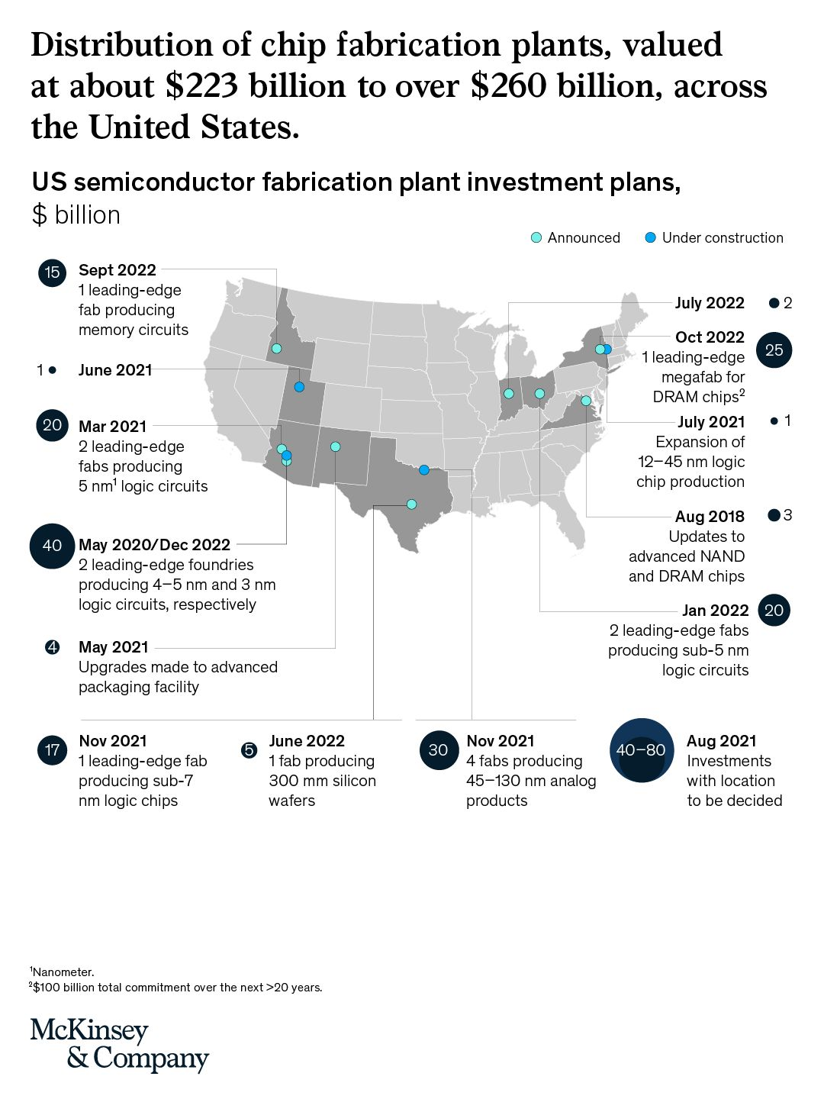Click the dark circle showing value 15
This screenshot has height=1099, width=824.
pos(52,272)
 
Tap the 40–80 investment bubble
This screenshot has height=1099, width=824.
pos(641,750)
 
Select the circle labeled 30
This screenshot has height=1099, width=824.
pos(438,750)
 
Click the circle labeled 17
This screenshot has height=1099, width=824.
pos(52,750)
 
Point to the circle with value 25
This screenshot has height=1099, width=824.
pos(774,350)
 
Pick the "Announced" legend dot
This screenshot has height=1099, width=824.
pos(536,238)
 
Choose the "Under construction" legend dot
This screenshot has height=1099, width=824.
pos(650,238)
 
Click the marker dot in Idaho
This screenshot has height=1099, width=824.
pos(276,349)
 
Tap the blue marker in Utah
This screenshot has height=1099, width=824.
pos(299,387)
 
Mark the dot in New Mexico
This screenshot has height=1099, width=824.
pos(335,447)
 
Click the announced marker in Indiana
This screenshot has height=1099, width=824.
pos(508,394)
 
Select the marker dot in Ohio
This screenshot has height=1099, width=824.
pos(539,394)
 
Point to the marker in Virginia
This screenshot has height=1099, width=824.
pos(586,401)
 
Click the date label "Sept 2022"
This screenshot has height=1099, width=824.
pos(117,270)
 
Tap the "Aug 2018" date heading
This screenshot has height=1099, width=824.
pos(710,517)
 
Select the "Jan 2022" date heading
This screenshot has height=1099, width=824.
pos(715,611)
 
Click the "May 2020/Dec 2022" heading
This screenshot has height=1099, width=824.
pos(154,545)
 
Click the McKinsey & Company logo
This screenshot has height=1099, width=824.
pos(119,1045)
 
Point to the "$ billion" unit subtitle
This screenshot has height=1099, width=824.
pos(76,215)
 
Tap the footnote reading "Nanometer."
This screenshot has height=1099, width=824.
pos(63,972)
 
